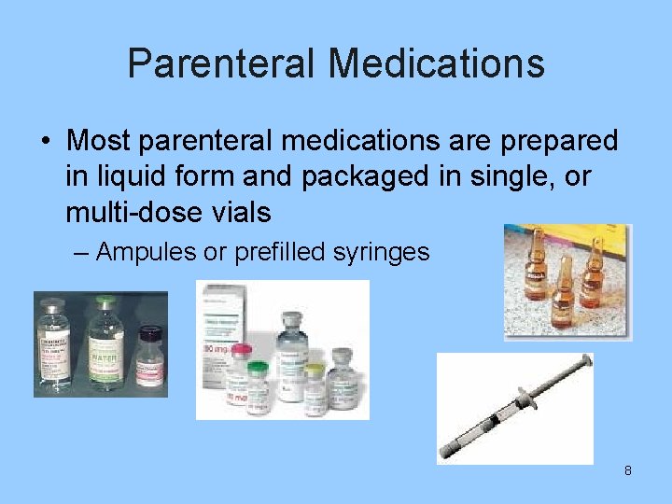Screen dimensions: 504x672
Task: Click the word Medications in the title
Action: [436, 63]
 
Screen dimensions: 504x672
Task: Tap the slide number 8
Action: [628, 470]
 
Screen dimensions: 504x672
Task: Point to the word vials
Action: [244, 212]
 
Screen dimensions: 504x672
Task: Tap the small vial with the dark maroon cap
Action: [149, 355]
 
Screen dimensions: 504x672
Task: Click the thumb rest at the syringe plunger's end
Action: [587, 360]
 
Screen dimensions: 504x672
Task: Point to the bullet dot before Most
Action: [45, 142]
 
